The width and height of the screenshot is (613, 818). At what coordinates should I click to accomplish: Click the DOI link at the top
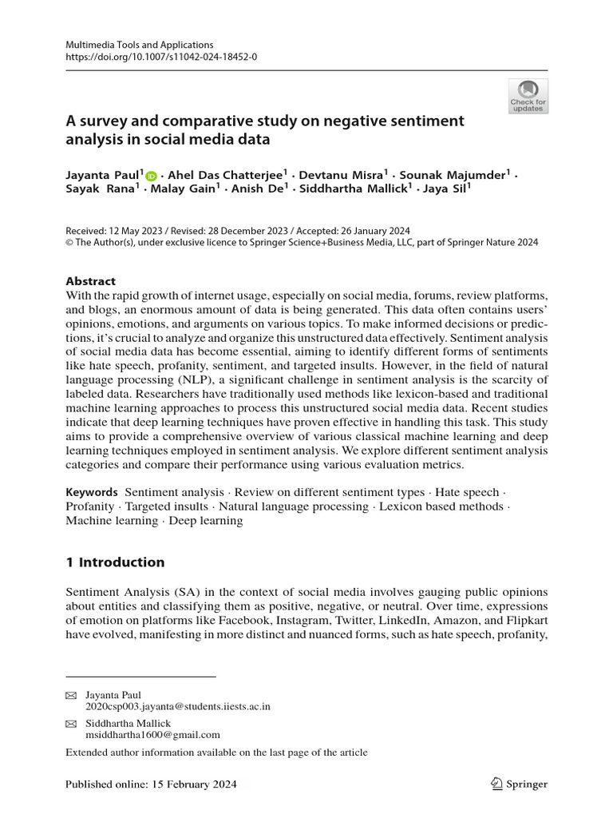pyautogui.click(x=160, y=58)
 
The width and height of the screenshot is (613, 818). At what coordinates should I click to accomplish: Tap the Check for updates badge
pyautogui.click(x=528, y=97)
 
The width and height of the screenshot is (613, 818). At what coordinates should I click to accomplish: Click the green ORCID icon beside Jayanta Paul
pyautogui.click(x=152, y=176)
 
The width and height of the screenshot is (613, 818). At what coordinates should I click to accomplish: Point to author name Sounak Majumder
pyautogui.click(x=455, y=175)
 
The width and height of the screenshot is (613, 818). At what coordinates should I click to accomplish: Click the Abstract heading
pyautogui.click(x=90, y=281)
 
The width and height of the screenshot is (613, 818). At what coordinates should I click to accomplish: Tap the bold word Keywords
pyautogui.click(x=92, y=493)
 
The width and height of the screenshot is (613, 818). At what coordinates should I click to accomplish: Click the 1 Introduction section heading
pyautogui.click(x=115, y=562)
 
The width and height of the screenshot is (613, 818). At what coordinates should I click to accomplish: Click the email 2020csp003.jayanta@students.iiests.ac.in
pyautogui.click(x=178, y=706)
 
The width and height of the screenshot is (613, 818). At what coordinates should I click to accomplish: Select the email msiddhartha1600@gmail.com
pyautogui.click(x=152, y=734)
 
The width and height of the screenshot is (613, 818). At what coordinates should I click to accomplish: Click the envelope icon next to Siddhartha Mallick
pyautogui.click(x=70, y=723)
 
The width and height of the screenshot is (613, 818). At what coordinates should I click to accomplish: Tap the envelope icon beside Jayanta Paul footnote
pyautogui.click(x=70, y=695)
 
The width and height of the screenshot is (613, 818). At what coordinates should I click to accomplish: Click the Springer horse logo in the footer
pyautogui.click(x=496, y=784)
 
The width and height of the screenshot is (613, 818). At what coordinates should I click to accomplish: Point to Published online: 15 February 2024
pyautogui.click(x=151, y=784)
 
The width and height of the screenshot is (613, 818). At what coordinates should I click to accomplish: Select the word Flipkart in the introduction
pyautogui.click(x=523, y=620)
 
